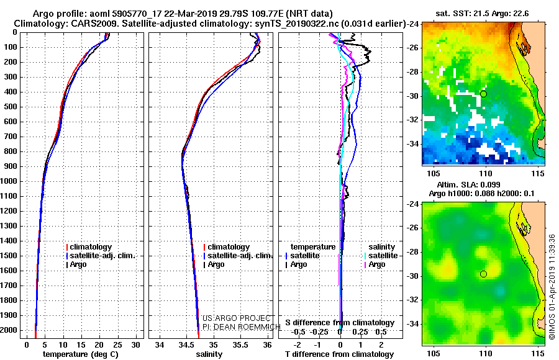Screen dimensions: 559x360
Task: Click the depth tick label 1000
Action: [x=8, y=181]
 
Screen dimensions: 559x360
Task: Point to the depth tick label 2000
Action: [x=8, y=330]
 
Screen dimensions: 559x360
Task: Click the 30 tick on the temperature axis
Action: [x=135, y=345]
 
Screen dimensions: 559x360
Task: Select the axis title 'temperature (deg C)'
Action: [x=81, y=354]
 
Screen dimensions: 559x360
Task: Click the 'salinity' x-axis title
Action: [x=209, y=354]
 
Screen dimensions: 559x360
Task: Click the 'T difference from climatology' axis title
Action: [x=339, y=354]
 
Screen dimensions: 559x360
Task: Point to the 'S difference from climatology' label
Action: [x=340, y=323]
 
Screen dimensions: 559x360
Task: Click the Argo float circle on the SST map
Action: [x=483, y=94]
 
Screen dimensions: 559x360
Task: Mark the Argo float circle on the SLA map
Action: [x=483, y=274]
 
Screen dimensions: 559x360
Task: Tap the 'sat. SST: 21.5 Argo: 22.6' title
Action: [x=482, y=14]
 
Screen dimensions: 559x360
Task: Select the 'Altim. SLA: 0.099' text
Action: [x=468, y=185]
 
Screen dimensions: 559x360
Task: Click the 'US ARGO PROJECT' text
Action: [x=237, y=318]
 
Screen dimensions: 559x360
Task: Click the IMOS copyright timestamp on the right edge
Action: [x=552, y=287]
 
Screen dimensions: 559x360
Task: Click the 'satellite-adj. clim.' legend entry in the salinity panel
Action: [x=238, y=256]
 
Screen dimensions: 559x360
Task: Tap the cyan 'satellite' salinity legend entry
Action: [x=381, y=256]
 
